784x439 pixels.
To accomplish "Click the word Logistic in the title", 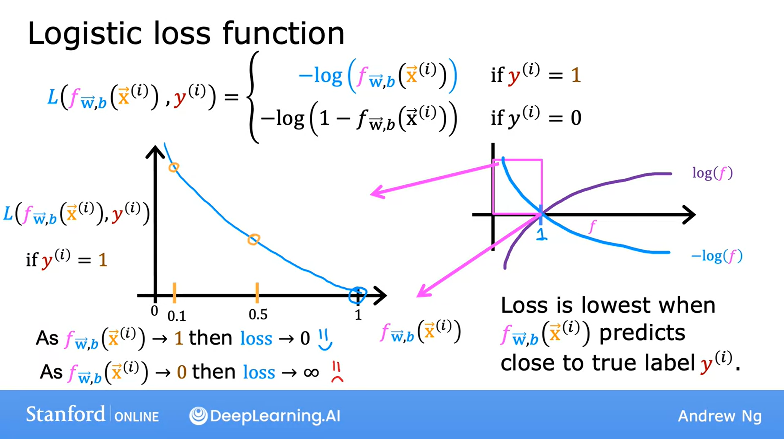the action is [85, 34].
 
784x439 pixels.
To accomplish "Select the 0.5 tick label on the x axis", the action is [258, 315].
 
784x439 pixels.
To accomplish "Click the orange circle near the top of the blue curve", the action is [174, 167].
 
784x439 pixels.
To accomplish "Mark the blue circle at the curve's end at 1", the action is [358, 295].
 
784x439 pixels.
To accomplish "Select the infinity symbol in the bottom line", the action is [311, 372].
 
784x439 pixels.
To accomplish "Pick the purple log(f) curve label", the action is [712, 173].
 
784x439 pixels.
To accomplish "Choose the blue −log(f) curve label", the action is [717, 256].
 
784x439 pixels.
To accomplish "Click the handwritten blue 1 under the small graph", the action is [541, 234].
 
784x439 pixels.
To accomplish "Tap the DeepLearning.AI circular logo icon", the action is [199, 416].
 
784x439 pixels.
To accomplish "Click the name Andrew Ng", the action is [720, 416].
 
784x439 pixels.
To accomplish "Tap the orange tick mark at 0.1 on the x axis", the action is [174, 292].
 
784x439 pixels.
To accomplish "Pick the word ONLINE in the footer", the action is [137, 417].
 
